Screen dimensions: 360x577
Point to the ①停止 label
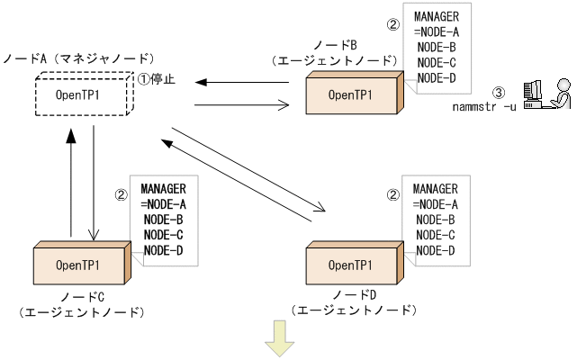(156, 78)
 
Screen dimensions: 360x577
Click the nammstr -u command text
(484, 109)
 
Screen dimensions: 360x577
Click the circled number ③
(500, 92)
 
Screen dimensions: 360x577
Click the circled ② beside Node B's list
(392, 25)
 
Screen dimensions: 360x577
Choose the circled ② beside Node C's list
(122, 193)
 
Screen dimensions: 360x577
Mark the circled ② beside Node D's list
(392, 193)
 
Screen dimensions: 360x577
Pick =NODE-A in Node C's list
(164, 203)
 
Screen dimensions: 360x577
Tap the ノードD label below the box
(353, 295)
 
